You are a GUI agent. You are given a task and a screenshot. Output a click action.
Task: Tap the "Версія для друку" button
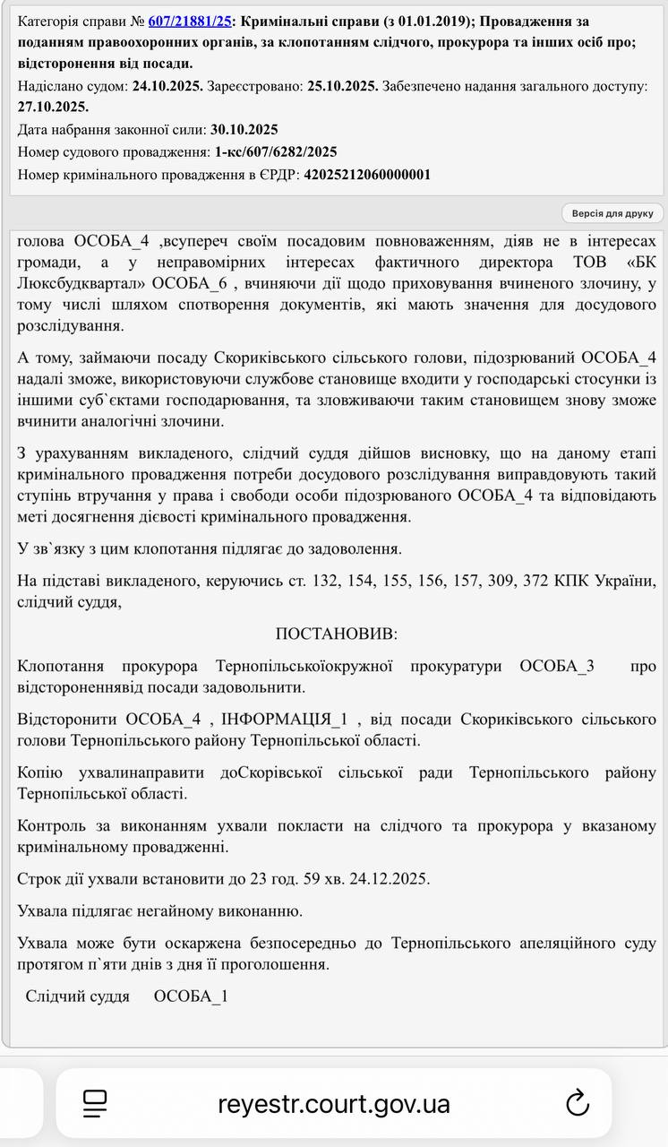[613, 213]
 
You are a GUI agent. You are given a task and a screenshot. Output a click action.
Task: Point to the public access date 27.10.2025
[53, 107]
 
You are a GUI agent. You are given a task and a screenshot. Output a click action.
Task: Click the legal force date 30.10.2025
[244, 129]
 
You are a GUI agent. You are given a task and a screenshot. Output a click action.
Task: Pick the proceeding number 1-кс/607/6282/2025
[276, 151]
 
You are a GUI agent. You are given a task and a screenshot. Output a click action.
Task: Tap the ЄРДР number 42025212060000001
[367, 174]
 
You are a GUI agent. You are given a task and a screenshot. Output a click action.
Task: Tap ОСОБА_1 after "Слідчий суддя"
[191, 996]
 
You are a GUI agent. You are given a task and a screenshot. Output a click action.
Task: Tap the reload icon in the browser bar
[578, 1102]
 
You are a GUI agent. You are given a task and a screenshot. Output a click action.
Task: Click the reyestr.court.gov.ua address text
[333, 1103]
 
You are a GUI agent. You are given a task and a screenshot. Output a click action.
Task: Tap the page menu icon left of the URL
[95, 1103]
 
